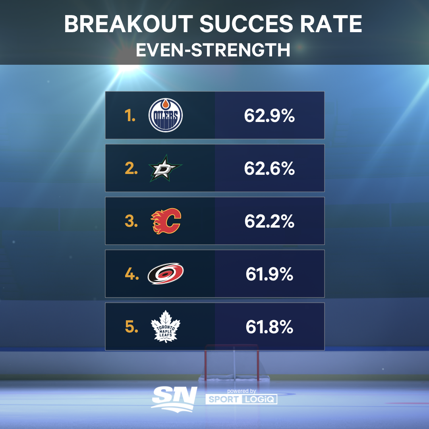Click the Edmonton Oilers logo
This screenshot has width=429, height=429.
click(x=166, y=115)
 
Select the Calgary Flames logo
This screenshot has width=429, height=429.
click(x=166, y=221)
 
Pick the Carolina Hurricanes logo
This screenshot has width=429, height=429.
click(x=166, y=274)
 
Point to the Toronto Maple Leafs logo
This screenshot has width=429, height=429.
click(x=166, y=327)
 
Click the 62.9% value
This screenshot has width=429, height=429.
click(x=269, y=116)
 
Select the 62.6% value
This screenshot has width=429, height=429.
click(x=269, y=168)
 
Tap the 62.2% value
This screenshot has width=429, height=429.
click(x=269, y=221)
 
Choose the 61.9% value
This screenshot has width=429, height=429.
click(x=269, y=274)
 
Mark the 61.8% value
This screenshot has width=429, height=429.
click(x=269, y=327)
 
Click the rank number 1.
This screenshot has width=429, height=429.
click(x=129, y=116)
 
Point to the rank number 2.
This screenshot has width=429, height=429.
click(x=131, y=168)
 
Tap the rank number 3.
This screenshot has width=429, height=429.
click(x=131, y=221)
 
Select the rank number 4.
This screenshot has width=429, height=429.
click(x=131, y=274)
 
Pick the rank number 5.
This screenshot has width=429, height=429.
click(x=131, y=327)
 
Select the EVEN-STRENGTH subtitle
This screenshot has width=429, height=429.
click(x=213, y=50)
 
